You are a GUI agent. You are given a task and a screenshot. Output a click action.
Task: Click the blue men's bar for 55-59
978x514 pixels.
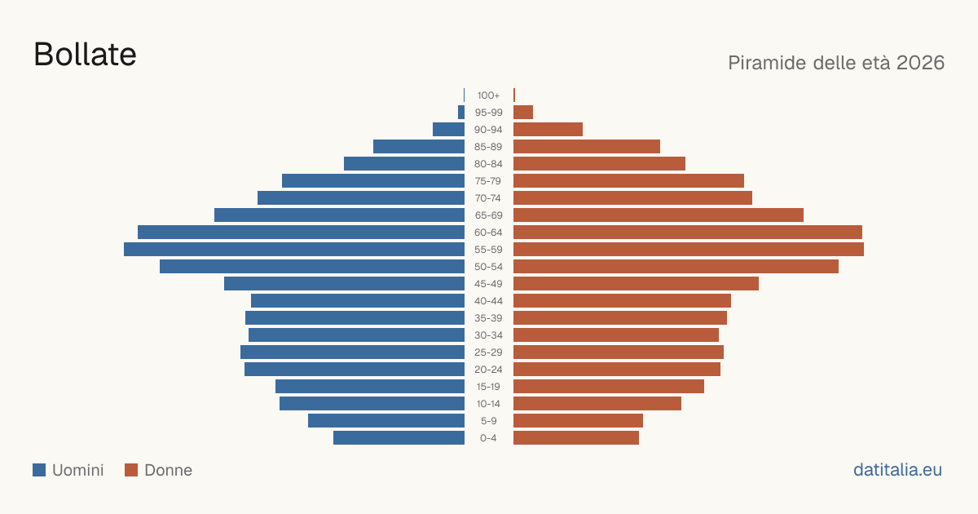(x=294, y=249)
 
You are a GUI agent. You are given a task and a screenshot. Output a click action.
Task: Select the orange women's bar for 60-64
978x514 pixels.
(x=688, y=232)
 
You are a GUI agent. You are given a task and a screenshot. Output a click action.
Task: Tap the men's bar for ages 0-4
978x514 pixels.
(x=399, y=438)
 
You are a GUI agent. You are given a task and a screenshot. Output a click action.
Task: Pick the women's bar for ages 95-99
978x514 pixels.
(x=523, y=113)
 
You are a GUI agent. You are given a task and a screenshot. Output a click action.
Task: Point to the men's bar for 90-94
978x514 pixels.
(x=449, y=130)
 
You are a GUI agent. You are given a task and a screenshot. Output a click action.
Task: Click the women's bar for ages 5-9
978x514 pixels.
(x=578, y=421)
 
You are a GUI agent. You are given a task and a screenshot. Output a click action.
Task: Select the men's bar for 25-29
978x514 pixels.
(x=352, y=352)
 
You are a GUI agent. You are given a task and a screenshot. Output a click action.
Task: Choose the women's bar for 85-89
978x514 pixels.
(x=587, y=146)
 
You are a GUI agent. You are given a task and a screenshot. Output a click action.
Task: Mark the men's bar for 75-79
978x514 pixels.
(x=373, y=181)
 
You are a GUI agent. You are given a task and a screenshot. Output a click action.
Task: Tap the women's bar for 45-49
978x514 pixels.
(x=637, y=284)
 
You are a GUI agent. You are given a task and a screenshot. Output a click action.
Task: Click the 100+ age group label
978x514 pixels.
(x=488, y=95)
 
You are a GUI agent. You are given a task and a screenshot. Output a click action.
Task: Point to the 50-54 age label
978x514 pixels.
(x=488, y=267)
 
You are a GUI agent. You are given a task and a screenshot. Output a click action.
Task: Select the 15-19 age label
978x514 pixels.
(x=488, y=387)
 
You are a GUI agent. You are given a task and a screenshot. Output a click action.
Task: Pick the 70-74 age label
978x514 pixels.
(x=488, y=198)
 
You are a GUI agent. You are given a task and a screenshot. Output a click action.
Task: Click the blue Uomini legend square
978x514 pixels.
(x=39, y=470)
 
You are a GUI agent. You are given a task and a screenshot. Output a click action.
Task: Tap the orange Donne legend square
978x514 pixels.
(x=131, y=470)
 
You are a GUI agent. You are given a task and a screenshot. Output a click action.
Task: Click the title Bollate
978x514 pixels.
(x=85, y=55)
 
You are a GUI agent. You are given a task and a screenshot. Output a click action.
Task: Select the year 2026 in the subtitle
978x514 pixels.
(x=920, y=63)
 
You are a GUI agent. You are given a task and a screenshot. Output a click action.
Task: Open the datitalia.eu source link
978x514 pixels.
(x=897, y=470)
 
